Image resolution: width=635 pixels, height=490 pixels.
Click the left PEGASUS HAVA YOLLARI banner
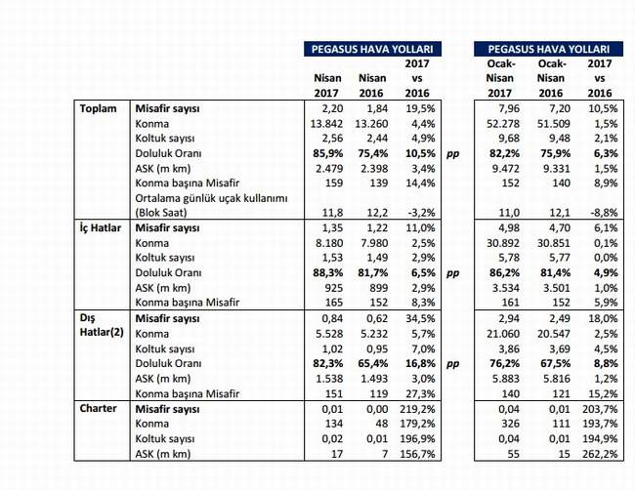(372, 49)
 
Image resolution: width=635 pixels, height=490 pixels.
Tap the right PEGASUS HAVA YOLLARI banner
(549, 49)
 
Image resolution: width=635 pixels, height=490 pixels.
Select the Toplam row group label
(98, 108)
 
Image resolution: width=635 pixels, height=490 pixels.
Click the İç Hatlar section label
(101, 227)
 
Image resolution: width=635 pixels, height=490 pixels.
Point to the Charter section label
(98, 408)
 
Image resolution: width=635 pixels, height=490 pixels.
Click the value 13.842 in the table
(326, 123)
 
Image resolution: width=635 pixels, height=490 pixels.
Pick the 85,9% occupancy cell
(327, 153)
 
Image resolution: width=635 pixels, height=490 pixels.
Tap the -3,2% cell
(420, 213)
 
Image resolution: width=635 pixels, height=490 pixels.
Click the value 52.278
(502, 123)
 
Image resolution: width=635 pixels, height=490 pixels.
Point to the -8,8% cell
(603, 213)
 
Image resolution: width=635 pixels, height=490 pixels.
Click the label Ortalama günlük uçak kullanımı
(211, 199)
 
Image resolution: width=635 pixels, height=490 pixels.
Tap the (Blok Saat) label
(161, 213)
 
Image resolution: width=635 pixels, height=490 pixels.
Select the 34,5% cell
(420, 318)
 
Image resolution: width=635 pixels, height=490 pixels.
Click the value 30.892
(502, 243)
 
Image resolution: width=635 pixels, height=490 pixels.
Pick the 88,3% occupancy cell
(327, 272)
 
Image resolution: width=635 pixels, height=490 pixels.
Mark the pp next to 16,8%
(452, 364)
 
